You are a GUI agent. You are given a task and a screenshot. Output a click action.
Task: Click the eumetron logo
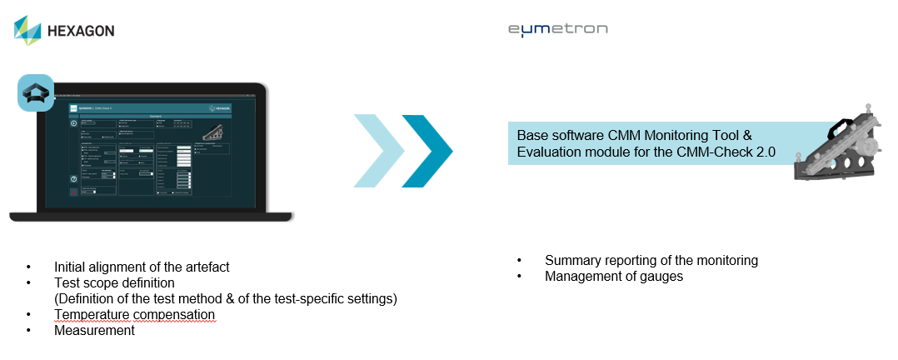pyautogui.click(x=558, y=29)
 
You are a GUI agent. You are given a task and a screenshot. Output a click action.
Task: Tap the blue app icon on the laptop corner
pyautogui.click(x=36, y=93)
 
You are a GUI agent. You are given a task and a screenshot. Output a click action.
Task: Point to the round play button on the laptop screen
pyautogui.click(x=73, y=122)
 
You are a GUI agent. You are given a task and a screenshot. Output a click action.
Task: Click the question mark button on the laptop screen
pyautogui.click(x=73, y=179)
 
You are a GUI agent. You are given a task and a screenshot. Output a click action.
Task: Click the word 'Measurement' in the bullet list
pyautogui.click(x=94, y=330)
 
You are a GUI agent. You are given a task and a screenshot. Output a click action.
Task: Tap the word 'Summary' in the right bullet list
pyautogui.click(x=571, y=260)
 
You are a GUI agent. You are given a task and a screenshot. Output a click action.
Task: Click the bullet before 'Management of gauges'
pyautogui.click(x=520, y=276)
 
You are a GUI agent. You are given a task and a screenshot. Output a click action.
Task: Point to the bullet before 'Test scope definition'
pyautogui.click(x=29, y=282)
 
